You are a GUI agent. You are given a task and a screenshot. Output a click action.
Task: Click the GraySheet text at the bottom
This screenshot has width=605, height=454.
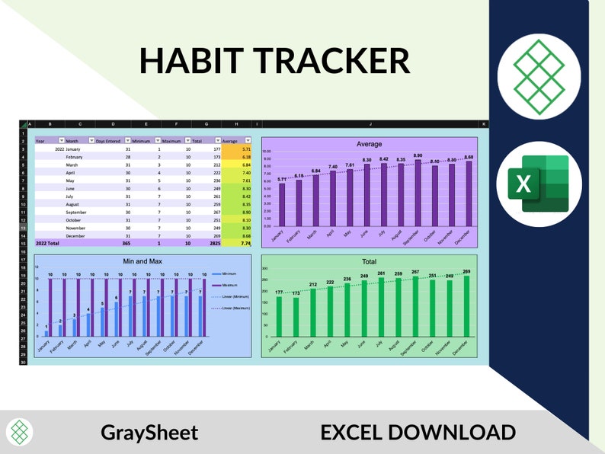tap(149, 433)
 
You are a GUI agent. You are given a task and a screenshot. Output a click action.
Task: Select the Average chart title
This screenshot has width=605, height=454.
tap(369, 143)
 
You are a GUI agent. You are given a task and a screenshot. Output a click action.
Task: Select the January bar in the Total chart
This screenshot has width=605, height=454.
tap(279, 315)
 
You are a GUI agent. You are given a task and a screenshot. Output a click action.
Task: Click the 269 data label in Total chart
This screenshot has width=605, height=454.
tap(466, 271)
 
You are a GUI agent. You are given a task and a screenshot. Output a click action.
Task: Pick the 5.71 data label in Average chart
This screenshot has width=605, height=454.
tap(281, 179)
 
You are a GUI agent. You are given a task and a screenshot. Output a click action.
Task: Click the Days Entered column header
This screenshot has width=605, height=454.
tap(107, 141)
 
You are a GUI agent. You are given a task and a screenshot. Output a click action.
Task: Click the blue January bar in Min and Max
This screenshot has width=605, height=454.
tap(46, 333)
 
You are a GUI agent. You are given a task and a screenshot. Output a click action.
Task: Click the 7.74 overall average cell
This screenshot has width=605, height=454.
tap(244, 243)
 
